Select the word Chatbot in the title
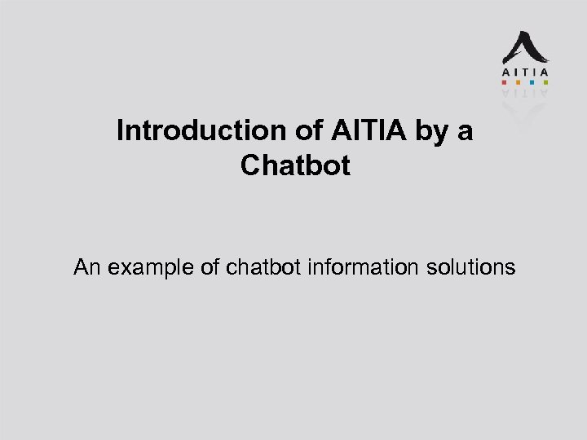pyautogui.click(x=295, y=165)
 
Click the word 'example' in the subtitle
pyautogui.click(x=150, y=267)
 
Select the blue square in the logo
pyautogui.click(x=532, y=82)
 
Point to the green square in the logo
pyautogui.click(x=545, y=82)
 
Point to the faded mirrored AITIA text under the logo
pyautogui.click(x=524, y=93)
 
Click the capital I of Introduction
pyautogui.click(x=121, y=131)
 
